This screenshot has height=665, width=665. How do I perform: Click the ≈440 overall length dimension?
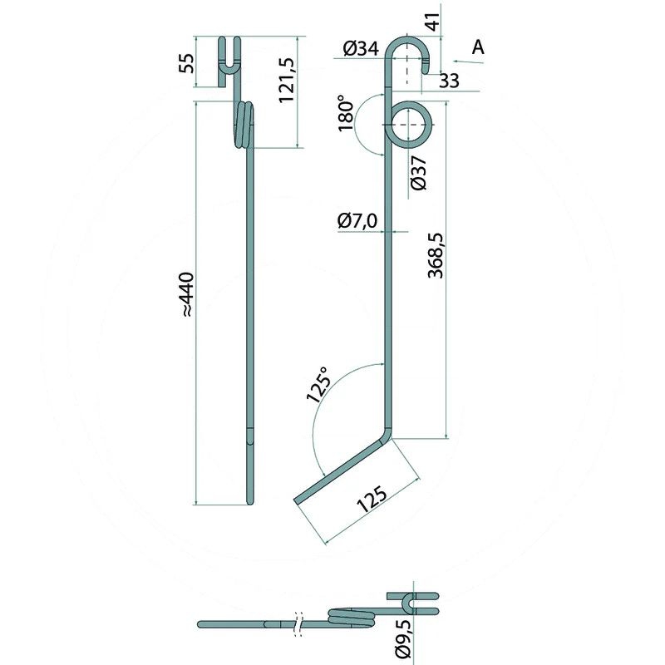click(186, 293)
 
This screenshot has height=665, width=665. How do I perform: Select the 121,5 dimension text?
click(288, 81)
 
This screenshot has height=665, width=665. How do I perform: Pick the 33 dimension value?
click(449, 81)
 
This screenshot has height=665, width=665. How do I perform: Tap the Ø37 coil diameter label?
click(418, 173)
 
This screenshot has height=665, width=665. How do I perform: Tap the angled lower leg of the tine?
click(341, 470)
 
